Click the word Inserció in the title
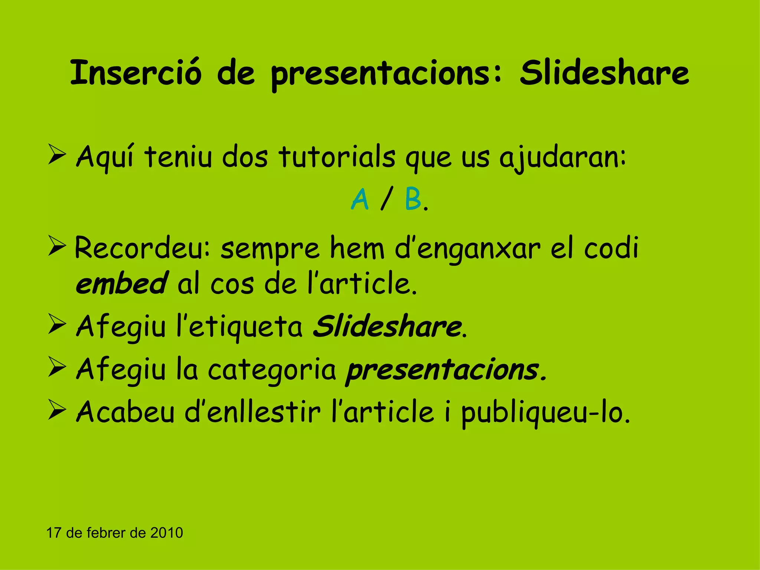click(x=136, y=73)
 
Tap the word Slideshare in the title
click(x=604, y=73)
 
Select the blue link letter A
click(x=360, y=199)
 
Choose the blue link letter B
click(x=413, y=199)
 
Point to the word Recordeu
click(x=142, y=248)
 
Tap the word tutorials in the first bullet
click(x=337, y=157)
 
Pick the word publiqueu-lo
click(x=546, y=413)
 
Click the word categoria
click(x=272, y=370)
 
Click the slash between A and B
click(x=387, y=199)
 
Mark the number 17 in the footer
click(x=53, y=533)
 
